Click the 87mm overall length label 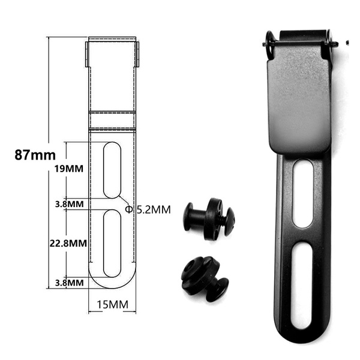point(35,154)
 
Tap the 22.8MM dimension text point(67,244)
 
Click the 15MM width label point(112,305)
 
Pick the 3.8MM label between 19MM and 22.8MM point(68,204)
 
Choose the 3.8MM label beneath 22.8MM point(68,282)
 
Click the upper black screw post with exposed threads point(208,219)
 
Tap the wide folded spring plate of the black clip point(298,102)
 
